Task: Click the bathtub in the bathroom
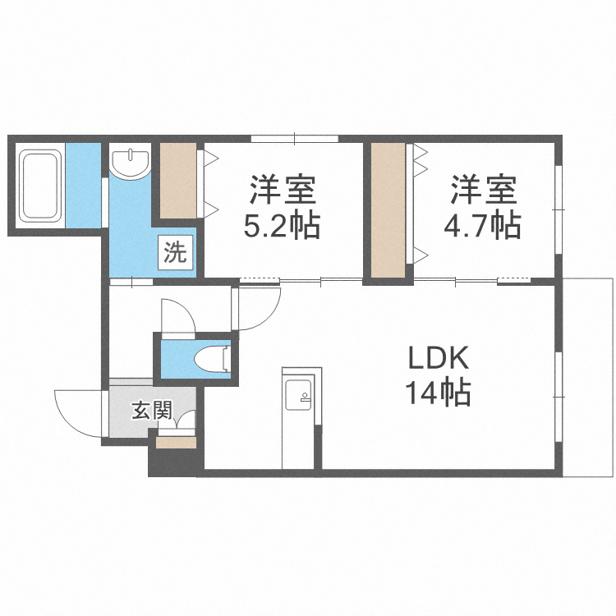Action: coord(40,186)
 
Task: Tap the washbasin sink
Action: coord(131,163)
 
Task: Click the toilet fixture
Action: coord(213,358)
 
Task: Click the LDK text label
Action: coord(439,358)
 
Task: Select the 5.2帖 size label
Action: coord(282,225)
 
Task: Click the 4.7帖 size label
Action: coord(483,225)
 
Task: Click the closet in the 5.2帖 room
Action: coord(177,181)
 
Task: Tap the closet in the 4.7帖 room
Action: coord(388,210)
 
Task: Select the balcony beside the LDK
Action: coord(589,377)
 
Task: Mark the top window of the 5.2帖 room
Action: coord(294,138)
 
